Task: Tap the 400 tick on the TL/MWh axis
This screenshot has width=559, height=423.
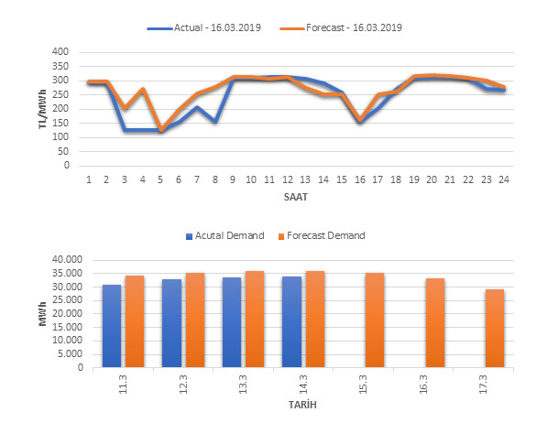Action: pyautogui.click(x=61, y=52)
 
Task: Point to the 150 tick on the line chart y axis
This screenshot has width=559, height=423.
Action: pyautogui.click(x=61, y=124)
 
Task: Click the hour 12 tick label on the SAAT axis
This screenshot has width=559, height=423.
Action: pyautogui.click(x=287, y=179)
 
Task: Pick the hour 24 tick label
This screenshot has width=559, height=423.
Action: pyautogui.click(x=503, y=179)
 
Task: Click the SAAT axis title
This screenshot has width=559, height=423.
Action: pyautogui.click(x=295, y=196)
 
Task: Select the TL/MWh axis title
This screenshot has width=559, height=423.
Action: pyautogui.click(x=43, y=110)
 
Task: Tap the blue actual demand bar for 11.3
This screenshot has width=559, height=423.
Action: pyautogui.click(x=112, y=326)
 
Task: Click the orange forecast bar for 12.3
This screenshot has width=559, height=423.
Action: pyautogui.click(x=195, y=320)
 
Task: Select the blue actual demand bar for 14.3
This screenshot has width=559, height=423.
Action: pyautogui.click(x=291, y=322)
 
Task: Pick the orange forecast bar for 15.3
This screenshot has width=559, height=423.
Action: pyautogui.click(x=375, y=320)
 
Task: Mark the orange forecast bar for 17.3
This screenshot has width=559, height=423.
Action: pyautogui.click(x=495, y=329)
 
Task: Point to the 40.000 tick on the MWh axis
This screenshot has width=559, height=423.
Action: pyautogui.click(x=68, y=260)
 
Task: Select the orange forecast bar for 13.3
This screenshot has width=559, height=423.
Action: pyautogui.click(x=256, y=320)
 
